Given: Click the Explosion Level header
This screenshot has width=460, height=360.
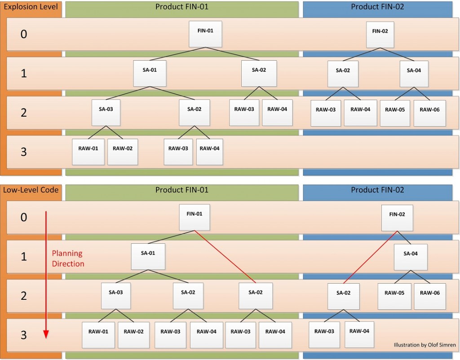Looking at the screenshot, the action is [31, 7].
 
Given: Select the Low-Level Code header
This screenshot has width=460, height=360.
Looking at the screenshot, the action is [31, 190].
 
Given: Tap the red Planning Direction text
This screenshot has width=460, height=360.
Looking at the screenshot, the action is [68, 258].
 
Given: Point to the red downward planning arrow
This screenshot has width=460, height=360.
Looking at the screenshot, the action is [46, 275].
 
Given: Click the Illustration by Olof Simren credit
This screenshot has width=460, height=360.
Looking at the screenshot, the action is [425, 345].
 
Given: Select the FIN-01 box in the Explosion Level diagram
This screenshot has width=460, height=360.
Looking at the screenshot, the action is [205, 34].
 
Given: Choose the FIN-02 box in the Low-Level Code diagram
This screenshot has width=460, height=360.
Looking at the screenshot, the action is [397, 218].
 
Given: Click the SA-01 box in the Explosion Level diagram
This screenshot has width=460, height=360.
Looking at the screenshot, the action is [150, 73].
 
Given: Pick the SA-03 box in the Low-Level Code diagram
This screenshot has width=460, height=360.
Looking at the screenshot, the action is [116, 296].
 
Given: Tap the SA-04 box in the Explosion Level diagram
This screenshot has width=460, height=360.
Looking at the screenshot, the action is [414, 74].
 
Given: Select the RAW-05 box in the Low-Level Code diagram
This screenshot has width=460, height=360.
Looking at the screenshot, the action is [394, 296].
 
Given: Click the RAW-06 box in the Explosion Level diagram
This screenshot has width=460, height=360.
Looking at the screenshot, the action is [430, 113].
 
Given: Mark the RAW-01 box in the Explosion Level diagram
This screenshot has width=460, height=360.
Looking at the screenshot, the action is [88, 152].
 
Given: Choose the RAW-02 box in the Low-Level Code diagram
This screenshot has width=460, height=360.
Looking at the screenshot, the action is [134, 335].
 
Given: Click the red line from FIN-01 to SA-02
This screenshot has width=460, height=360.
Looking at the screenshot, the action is [226, 257].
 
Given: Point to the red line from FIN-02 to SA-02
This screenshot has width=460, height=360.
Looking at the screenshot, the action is [370, 257].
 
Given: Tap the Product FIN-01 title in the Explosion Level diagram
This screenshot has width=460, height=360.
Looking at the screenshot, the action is [182, 7].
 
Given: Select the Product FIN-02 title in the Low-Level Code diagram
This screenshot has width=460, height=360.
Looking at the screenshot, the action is [377, 190].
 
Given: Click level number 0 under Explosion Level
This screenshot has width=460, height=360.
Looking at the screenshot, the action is [24, 34].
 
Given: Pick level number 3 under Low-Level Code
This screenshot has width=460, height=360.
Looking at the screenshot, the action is [24, 335].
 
